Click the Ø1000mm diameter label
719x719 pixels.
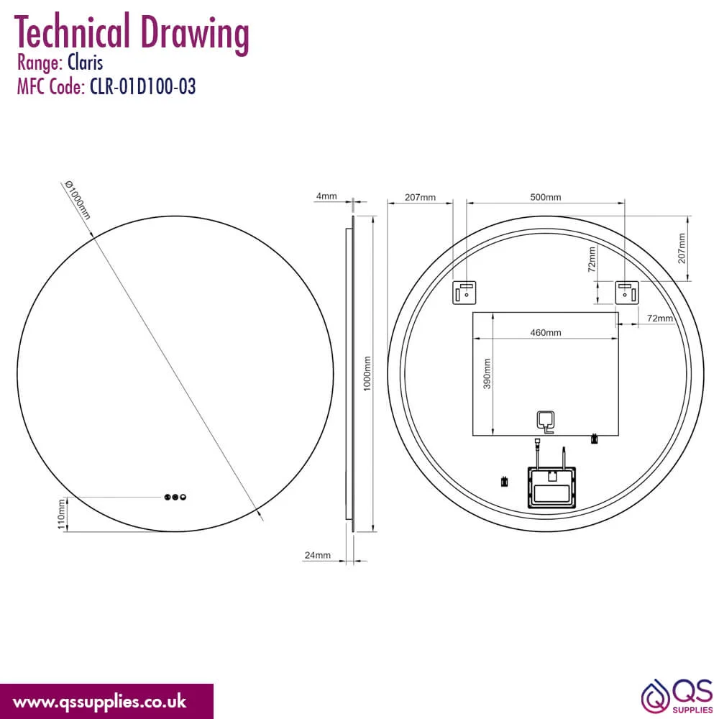point(78,199)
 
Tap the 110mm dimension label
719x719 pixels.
point(61,515)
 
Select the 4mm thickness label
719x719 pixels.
point(326,196)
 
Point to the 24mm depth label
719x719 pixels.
point(317,555)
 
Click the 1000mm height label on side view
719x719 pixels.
point(367,373)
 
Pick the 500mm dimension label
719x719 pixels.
point(546,197)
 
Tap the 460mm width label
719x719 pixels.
point(546,332)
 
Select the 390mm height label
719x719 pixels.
point(487,373)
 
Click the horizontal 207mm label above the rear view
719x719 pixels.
point(420,197)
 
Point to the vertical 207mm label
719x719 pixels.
point(682,248)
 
